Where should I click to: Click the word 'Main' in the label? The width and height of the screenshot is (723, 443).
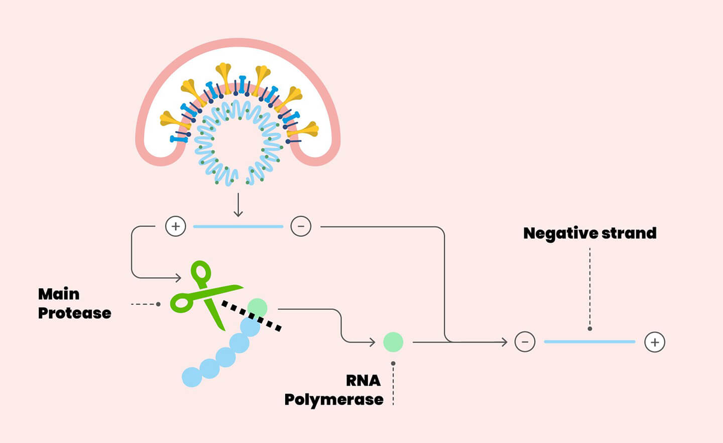pos(59,294)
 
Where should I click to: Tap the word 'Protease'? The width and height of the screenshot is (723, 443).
pos(75,313)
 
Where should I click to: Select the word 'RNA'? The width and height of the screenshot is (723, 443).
pos(363,381)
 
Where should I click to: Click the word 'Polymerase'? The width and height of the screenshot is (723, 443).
pos(334,400)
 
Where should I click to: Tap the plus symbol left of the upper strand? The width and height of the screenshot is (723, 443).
pos(176,226)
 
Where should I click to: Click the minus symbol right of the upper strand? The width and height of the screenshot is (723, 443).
pos(301,226)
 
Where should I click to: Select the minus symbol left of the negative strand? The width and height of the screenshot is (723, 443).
pos(525,342)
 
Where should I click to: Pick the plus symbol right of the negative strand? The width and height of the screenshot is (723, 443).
pos(655,342)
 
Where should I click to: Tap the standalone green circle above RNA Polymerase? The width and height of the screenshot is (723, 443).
pos(393,342)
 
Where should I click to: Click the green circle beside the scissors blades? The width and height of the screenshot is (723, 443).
pos(258,307)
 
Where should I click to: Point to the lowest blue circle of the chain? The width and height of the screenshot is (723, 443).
pos(192,377)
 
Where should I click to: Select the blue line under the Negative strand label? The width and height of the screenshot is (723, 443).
pos(589,342)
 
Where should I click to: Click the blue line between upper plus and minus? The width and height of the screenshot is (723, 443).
pos(238,227)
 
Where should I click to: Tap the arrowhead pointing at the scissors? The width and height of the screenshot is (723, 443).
pos(178,278)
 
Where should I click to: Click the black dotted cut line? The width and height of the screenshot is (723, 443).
pos(251,316)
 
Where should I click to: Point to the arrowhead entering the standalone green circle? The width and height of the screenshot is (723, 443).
pos(372,342)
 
